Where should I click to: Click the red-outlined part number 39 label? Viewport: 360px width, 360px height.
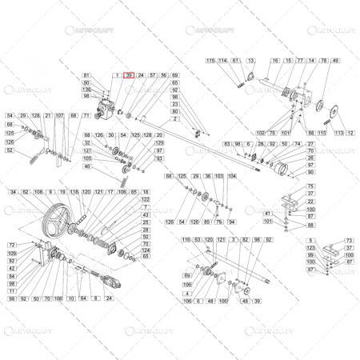click(130, 74)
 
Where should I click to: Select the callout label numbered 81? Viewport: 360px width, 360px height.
click(87, 74)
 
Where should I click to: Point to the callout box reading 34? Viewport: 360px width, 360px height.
click(14, 193)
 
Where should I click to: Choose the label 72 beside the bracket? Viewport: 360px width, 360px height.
click(11, 245)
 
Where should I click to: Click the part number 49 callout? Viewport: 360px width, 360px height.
click(335, 61)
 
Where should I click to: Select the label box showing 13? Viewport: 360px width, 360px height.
click(250, 61)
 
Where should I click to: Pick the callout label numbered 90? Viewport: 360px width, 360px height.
click(311, 172)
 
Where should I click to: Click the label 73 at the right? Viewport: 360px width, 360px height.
click(349, 240)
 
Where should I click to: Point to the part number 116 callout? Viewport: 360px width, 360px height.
click(186, 240)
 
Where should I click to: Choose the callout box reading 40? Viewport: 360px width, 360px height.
click(87, 166)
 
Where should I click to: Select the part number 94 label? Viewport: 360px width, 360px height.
click(232, 221)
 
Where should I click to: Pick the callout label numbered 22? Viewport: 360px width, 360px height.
click(311, 202)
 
